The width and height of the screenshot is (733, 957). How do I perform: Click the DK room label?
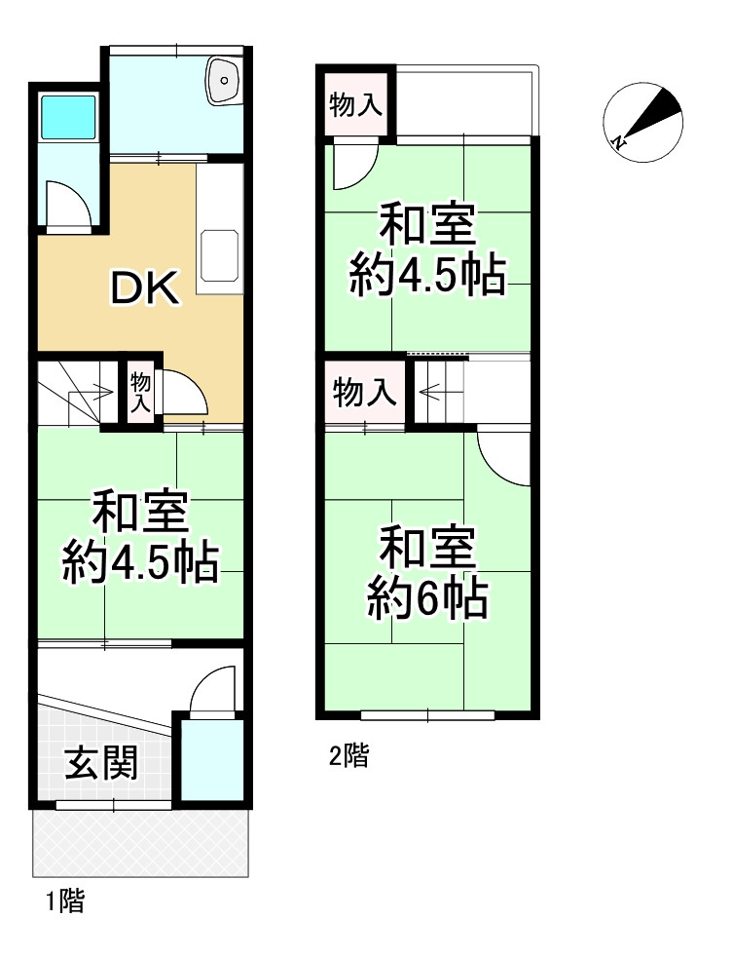click(x=143, y=287)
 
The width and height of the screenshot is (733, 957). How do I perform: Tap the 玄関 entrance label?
click(x=100, y=763)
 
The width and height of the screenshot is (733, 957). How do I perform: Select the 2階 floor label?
click(x=348, y=755)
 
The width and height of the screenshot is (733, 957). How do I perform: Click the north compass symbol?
click(x=642, y=119)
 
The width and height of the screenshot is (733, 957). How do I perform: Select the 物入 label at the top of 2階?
click(x=355, y=105)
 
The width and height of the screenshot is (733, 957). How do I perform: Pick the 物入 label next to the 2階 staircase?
click(x=365, y=393)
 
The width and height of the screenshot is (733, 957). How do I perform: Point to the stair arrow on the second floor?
click(x=431, y=393)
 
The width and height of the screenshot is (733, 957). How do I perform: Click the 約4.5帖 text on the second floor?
click(x=427, y=278)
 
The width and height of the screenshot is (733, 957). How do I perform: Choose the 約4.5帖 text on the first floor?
click(x=139, y=562)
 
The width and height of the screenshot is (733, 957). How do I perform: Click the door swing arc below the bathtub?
click(x=69, y=205)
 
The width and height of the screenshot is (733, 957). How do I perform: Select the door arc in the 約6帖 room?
click(x=505, y=458)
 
